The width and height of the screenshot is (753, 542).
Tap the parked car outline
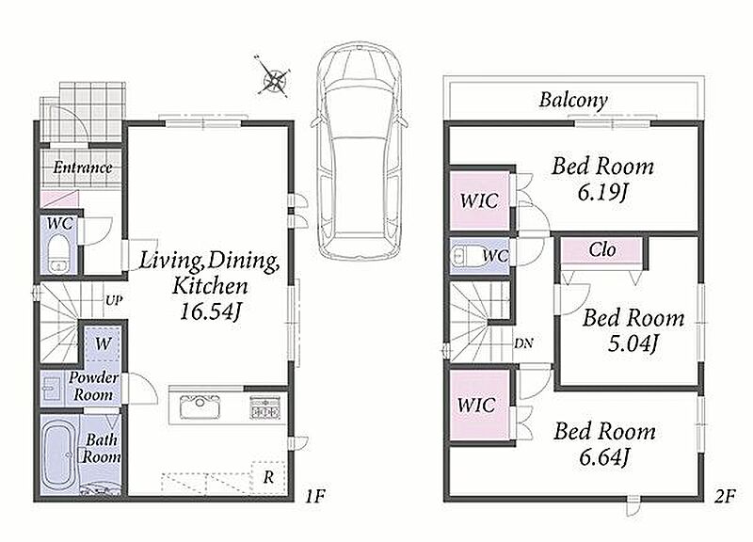click(x=360, y=150)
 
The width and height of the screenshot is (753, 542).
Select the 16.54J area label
click(x=210, y=312)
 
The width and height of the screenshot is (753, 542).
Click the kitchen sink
click(x=200, y=408)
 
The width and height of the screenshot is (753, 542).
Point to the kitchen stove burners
click(x=264, y=407)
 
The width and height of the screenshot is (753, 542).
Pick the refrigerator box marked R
click(x=269, y=477)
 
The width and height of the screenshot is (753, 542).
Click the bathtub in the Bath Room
click(x=59, y=454)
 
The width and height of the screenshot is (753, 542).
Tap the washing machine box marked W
click(x=103, y=344)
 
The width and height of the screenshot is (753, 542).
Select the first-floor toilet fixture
click(x=59, y=253)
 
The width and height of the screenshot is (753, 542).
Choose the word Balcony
click(x=573, y=101)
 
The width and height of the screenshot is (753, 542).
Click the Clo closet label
click(x=602, y=249)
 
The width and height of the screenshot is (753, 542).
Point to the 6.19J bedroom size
click(x=603, y=193)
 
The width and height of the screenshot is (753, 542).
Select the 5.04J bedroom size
click(x=633, y=343)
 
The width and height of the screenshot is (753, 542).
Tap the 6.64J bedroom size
click(x=604, y=456)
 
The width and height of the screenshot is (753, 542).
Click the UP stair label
click(x=114, y=301)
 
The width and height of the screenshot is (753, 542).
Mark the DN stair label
click(x=523, y=343)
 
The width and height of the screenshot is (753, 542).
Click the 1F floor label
click(x=314, y=496)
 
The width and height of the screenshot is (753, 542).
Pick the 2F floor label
click(x=725, y=497)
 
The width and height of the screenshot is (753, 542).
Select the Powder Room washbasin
click(x=51, y=388)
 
